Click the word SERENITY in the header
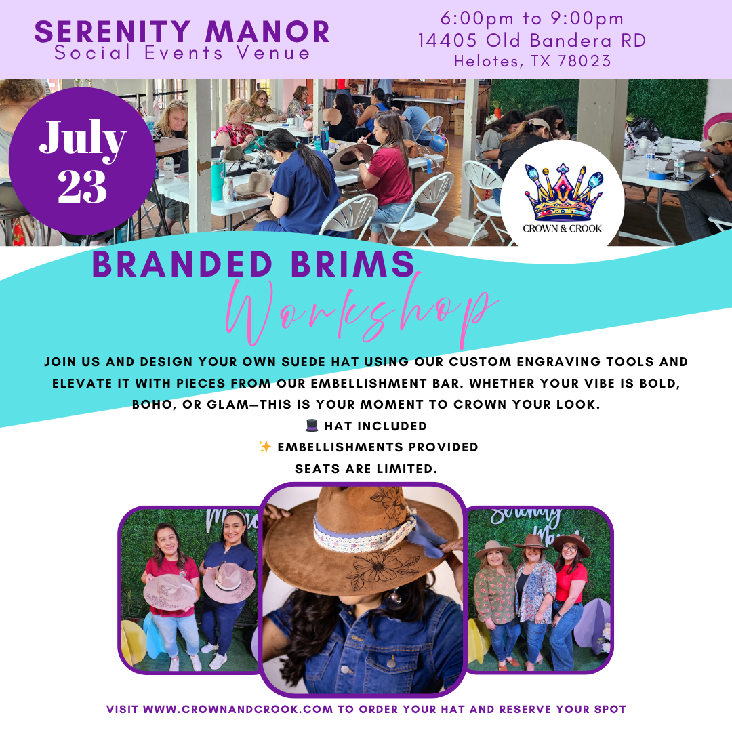coord(113,32)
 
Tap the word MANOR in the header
coord(268,32)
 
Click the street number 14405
coord(448,41)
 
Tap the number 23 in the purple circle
coord(82,186)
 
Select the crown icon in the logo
coord(563,192)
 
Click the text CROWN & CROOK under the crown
coord(562,229)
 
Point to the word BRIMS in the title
coord(352,264)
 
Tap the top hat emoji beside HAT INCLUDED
coord(311,425)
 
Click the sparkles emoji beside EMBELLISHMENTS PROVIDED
coord(265,447)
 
